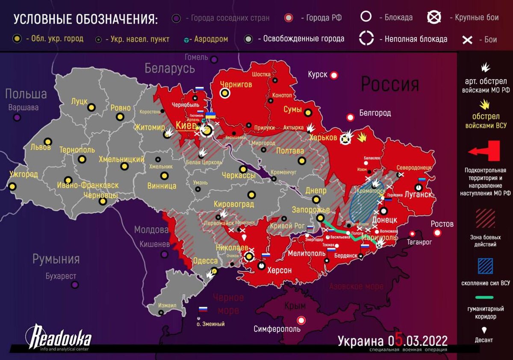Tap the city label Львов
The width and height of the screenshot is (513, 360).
[x=41, y=147]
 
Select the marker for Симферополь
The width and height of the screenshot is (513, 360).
[x=302, y=320]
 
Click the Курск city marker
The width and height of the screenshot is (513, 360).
[x=334, y=75]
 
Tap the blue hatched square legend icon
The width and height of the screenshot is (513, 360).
[x=485, y=266]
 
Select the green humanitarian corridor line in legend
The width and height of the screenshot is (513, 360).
[x=485, y=297]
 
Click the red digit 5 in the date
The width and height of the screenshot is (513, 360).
[x=398, y=340]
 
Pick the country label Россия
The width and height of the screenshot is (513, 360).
[x=390, y=84]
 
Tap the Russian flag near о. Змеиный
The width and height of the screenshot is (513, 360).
[x=203, y=309]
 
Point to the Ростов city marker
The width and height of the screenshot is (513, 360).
[x=437, y=233]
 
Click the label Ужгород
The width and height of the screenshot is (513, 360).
[x=23, y=175]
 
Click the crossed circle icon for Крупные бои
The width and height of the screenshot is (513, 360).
[x=434, y=17]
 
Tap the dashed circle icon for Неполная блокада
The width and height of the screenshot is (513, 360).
[x=366, y=38]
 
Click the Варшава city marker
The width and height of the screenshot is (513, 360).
[x=17, y=117]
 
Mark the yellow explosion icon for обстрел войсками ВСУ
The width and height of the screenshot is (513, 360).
[x=484, y=105]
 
